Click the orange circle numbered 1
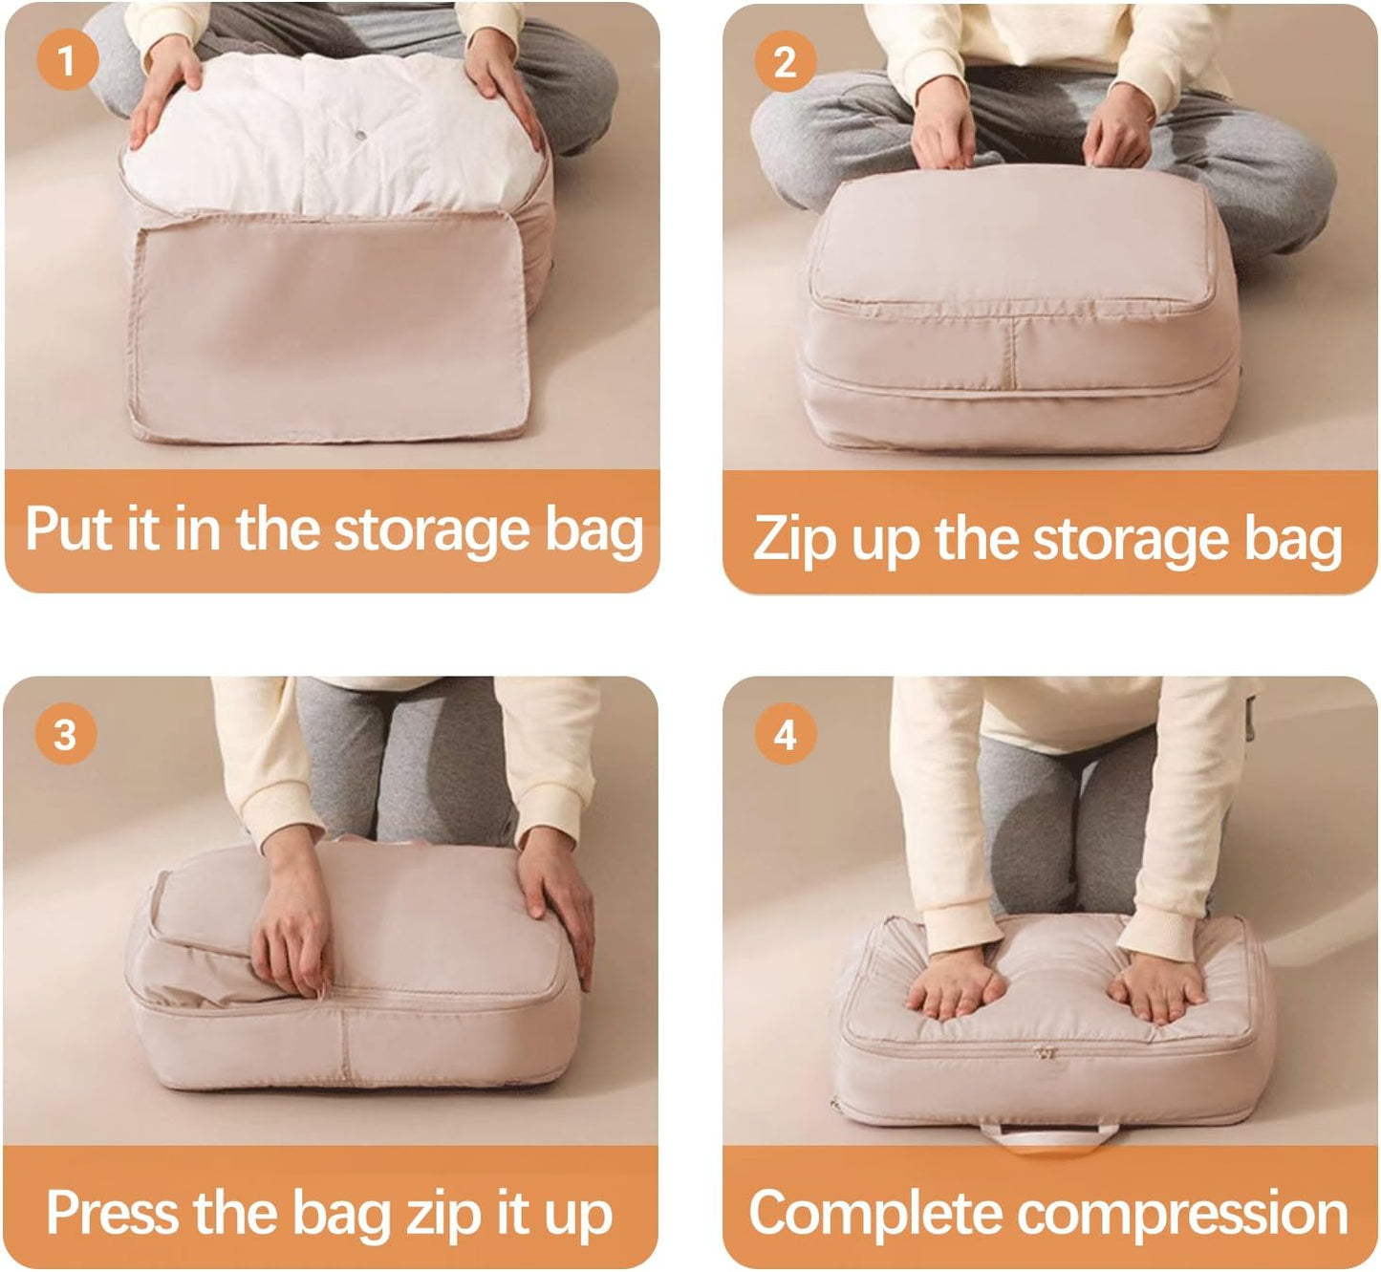[x=67, y=61]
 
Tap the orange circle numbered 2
[x=785, y=61]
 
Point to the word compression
[x=1181, y=1214]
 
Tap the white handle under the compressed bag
[x=1047, y=1136]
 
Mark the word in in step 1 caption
[x=197, y=528]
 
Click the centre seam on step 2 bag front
[x=1012, y=348]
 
